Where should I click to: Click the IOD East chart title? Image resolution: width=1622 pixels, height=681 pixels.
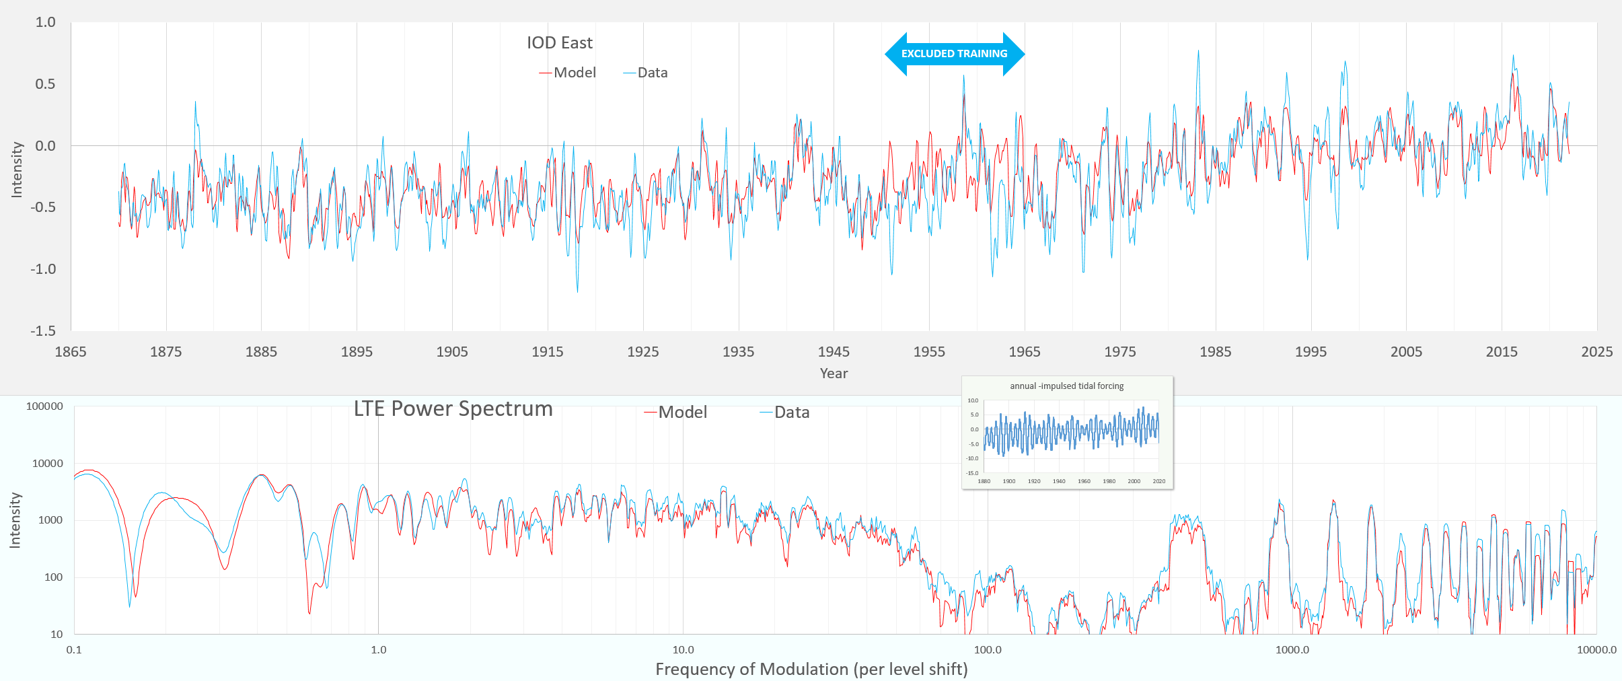coord(559,43)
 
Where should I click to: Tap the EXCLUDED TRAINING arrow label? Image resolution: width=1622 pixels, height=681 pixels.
coord(954,54)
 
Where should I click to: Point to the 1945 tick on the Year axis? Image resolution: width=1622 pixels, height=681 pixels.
coord(834,352)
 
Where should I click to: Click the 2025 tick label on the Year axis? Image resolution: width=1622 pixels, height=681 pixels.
coord(1596,352)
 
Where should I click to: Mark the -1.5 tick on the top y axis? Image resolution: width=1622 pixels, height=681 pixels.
coord(43,331)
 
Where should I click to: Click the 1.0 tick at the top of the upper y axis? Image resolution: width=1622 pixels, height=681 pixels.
coord(45,22)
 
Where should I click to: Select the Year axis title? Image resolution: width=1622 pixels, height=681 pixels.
coord(834,373)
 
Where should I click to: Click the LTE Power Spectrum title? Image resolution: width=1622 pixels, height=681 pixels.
coord(453,409)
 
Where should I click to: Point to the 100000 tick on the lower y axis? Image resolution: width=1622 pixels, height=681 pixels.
coord(44,406)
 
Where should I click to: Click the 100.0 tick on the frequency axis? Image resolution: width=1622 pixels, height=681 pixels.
coord(988,650)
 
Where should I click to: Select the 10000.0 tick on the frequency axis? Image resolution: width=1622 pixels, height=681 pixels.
coord(1596,650)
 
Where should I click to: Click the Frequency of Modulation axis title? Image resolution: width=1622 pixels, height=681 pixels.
coord(811,670)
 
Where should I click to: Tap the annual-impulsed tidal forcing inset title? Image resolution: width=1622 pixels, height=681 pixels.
coord(1066,386)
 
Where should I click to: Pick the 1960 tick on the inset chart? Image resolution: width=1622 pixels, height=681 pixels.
coord(1084,482)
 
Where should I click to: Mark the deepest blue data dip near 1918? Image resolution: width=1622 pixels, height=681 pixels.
coord(577,291)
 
